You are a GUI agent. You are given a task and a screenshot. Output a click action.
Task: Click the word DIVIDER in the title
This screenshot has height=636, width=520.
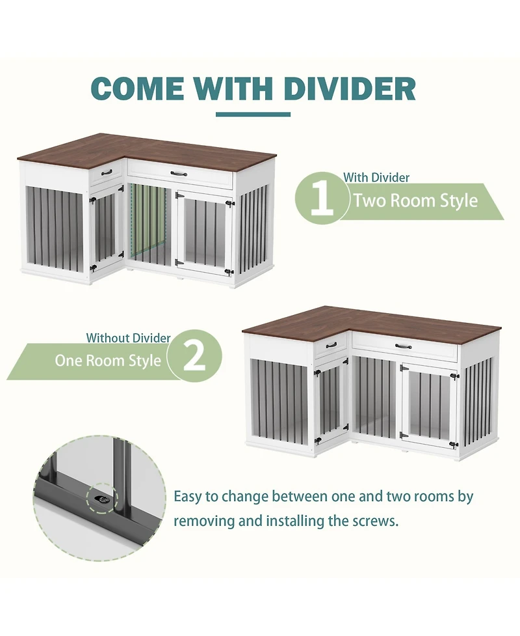(x=350, y=89)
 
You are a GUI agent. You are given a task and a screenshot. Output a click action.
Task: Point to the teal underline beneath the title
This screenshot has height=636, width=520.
(x=253, y=115)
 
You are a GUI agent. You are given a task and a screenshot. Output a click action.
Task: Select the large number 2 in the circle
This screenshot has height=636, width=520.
(x=194, y=356)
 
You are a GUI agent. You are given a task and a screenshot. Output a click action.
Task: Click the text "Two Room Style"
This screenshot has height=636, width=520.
(x=415, y=200)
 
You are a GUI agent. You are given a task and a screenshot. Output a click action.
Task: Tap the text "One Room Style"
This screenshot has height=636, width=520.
(x=108, y=360)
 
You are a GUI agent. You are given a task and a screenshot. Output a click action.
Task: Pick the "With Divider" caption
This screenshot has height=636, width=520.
(x=376, y=177)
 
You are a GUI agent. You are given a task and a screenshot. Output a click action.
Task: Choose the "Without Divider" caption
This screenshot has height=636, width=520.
(x=128, y=338)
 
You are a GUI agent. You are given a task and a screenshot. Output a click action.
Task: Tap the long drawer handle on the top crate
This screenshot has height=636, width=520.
(x=179, y=173)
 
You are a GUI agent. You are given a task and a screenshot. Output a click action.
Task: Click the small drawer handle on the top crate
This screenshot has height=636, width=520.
(x=107, y=173)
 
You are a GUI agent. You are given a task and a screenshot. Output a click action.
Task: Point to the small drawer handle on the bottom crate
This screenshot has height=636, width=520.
(x=331, y=345)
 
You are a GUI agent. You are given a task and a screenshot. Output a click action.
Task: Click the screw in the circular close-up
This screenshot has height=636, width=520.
(x=103, y=498)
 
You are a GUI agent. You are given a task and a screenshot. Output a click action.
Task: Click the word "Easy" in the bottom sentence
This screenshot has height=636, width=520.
(x=188, y=497)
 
